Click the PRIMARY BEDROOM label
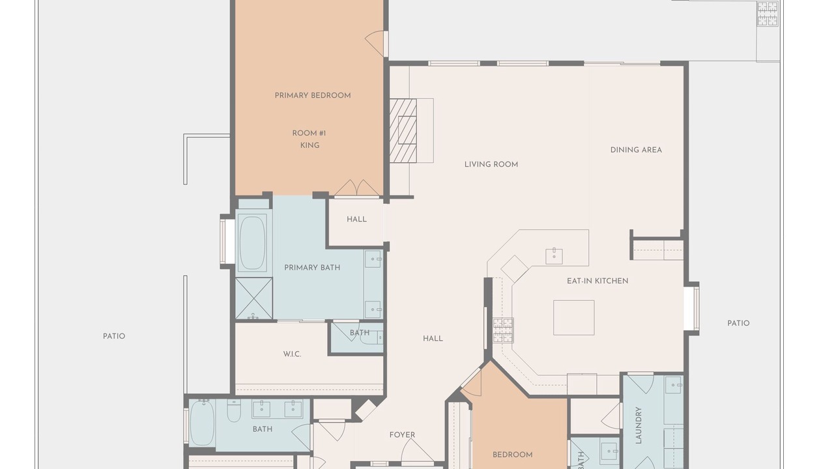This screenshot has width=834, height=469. tap(313, 96)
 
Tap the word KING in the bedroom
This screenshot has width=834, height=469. tap(309, 145)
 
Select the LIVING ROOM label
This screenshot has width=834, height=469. tap(491, 164)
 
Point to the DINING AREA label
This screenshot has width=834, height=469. tap(636, 150)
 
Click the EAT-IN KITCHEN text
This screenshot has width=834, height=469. tap(597, 281)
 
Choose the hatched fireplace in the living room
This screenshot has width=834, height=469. tap(403, 131)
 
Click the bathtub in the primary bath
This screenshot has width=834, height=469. tap(253, 242)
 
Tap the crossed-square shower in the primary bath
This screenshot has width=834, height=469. tap(254, 298)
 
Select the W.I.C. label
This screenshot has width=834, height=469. tap(292, 354)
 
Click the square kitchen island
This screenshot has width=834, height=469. tap(574, 317)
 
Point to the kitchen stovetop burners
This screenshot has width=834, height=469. tap(504, 330)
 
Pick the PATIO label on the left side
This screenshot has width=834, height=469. tap(114, 336)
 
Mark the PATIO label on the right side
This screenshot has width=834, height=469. tap(738, 323)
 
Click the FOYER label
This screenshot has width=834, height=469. tap(402, 434)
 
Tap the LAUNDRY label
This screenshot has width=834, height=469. tap(639, 425)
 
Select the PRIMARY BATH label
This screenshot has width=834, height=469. tap(312, 268)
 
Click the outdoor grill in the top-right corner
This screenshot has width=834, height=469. tap(768, 14)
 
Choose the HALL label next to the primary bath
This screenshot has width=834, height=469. tap(356, 220)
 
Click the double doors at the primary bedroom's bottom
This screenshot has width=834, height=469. tap(357, 188)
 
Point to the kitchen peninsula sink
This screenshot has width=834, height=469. tap(554, 256)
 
